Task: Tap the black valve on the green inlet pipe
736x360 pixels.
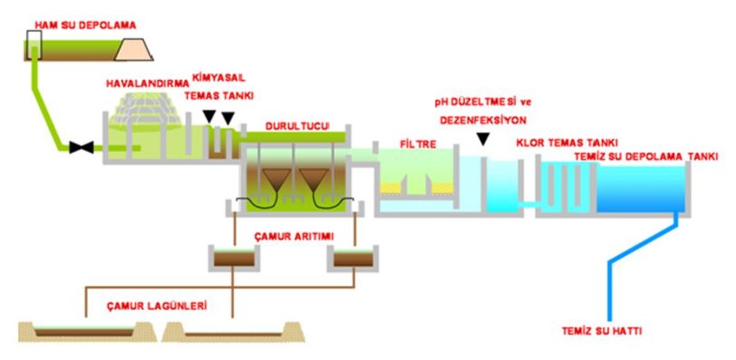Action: coord(82,147)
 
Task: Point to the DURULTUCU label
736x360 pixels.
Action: coord(297,126)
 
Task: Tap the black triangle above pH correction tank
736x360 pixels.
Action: coord(483,140)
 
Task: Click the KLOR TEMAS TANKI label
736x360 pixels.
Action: coord(567,142)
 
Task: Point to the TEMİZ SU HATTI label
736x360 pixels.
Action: coord(602,332)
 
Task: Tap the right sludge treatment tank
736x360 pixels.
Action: coord(353,258)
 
